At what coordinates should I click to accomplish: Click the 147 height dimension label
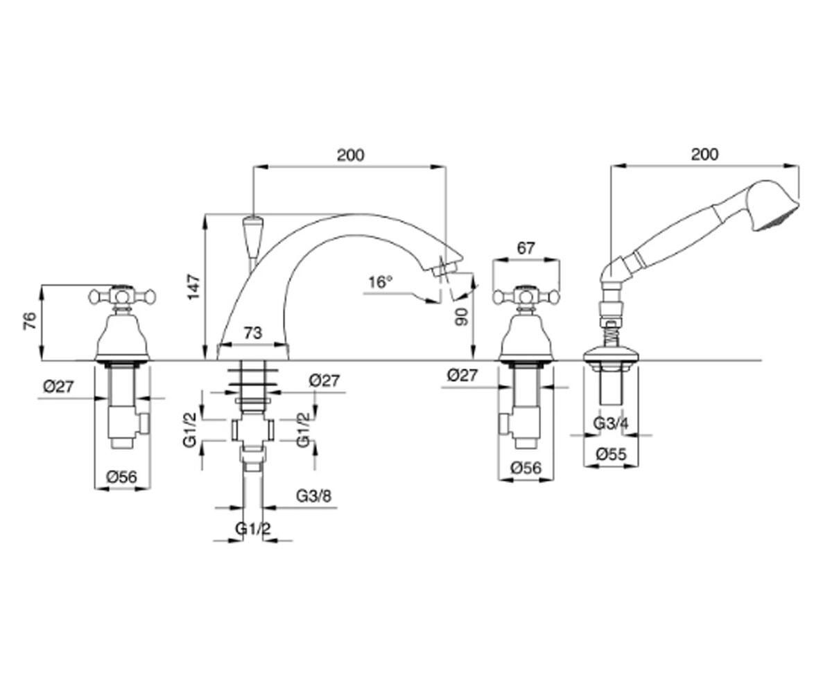[x=193, y=287]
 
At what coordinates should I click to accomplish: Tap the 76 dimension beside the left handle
[x=30, y=321]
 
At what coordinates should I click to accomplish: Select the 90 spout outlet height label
[x=462, y=317]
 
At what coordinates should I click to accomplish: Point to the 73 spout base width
[x=253, y=333]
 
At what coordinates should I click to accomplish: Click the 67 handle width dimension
[x=526, y=249]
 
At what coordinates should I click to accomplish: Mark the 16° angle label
[x=380, y=282]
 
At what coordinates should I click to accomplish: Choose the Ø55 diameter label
[x=612, y=455]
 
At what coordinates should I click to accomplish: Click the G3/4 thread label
[x=611, y=423]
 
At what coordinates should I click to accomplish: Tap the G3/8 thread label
[x=313, y=496]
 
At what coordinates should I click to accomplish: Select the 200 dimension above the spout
[x=351, y=155]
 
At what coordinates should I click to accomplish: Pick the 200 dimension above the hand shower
[x=705, y=155]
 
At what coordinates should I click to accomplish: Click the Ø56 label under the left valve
[x=121, y=477]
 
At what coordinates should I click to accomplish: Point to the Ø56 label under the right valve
[x=526, y=468]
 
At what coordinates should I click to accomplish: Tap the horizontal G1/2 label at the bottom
[x=253, y=529]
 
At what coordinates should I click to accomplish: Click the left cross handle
[x=122, y=297]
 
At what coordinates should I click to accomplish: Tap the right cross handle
[x=526, y=297]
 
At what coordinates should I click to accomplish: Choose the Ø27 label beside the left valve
[x=58, y=386]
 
